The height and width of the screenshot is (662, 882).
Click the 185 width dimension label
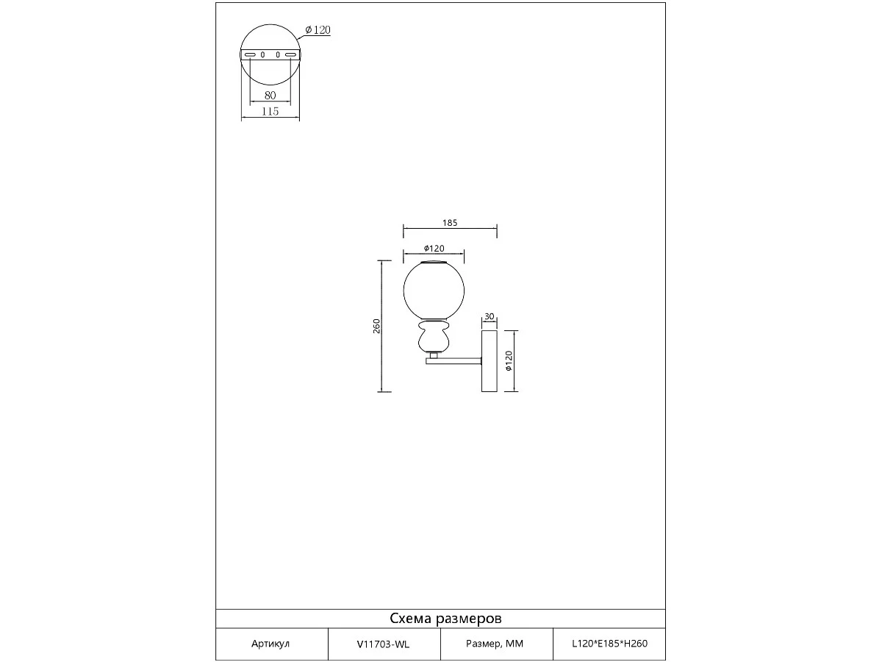pos(450,223)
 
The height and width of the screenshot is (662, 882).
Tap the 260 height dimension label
pos(376,326)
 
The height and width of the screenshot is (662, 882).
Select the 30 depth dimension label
pos(489,317)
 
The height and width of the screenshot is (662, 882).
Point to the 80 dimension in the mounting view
pos(270,96)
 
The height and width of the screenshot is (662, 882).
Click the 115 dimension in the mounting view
pos(270,111)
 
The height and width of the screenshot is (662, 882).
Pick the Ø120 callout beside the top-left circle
pos(318,29)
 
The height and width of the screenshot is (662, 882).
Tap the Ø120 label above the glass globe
pos(434,249)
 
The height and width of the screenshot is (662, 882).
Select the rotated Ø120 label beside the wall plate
pos(509,361)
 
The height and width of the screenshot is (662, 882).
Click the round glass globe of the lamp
pos(434,291)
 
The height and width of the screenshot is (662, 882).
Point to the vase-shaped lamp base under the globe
pos(434,336)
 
